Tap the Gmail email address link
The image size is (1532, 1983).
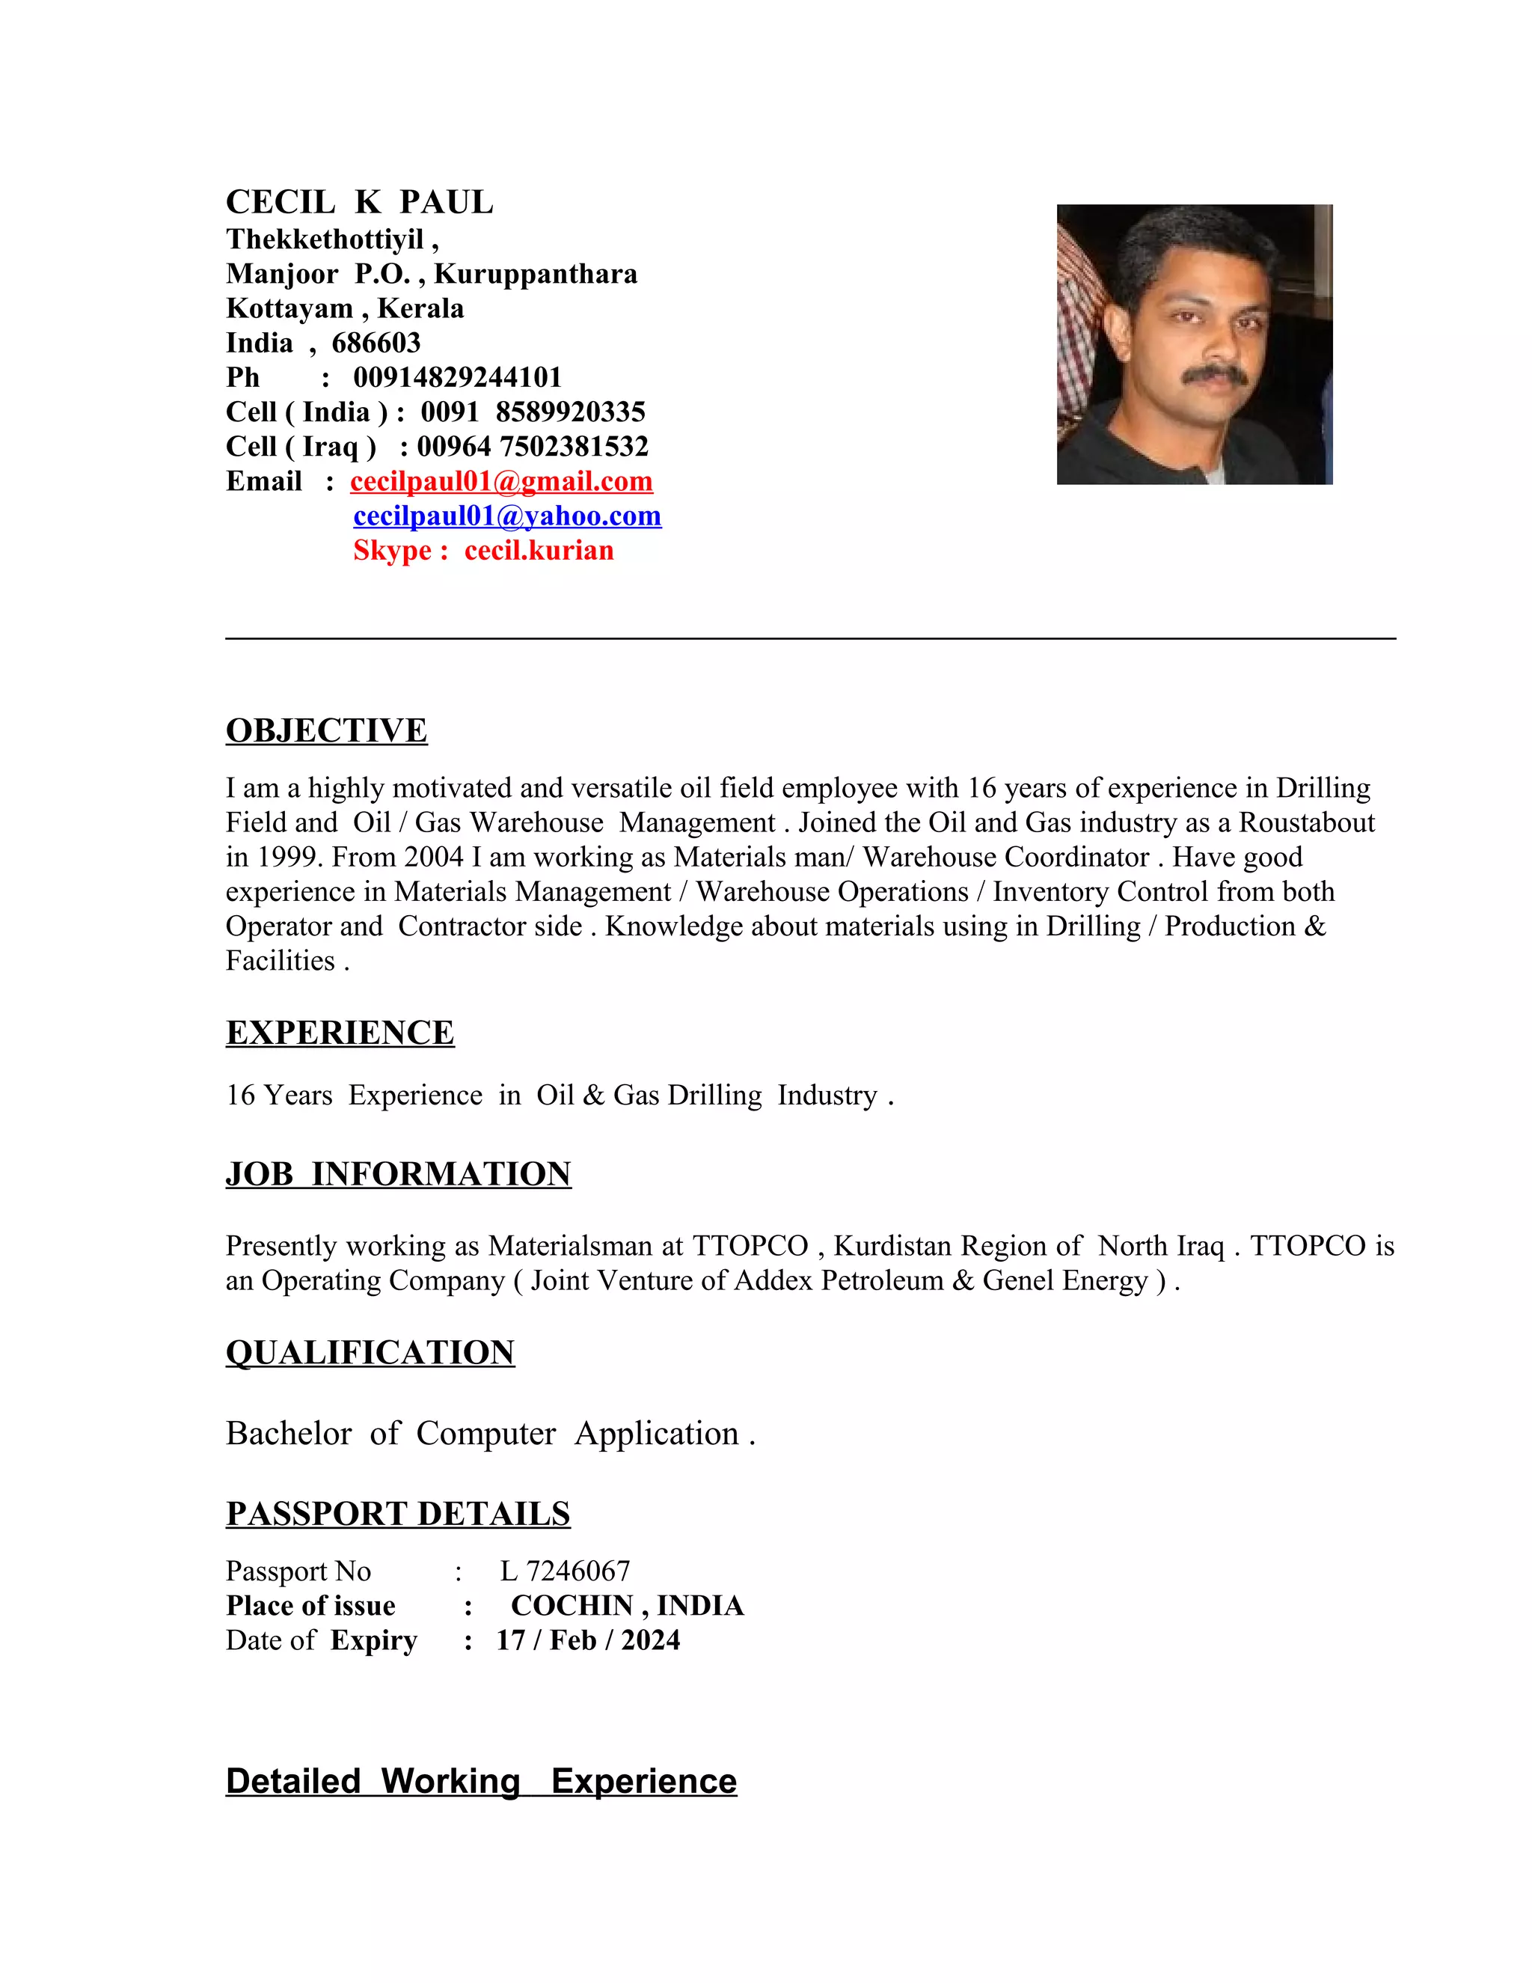[501, 481]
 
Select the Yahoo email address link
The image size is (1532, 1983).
[506, 516]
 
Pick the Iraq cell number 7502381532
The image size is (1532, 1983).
[574, 447]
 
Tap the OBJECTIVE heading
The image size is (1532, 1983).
[326, 731]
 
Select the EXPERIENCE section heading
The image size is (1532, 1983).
[340, 1033]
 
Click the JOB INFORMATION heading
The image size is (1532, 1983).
[399, 1174]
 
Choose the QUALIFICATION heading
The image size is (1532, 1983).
[370, 1353]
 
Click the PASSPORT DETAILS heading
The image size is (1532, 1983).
[397, 1515]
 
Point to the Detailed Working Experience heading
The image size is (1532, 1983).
[481, 1782]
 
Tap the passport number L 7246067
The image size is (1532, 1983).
[565, 1571]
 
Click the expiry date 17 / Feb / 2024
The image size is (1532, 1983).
[588, 1640]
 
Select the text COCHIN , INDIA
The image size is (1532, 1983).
[627, 1605]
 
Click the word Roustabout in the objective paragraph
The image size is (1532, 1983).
[1307, 822]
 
